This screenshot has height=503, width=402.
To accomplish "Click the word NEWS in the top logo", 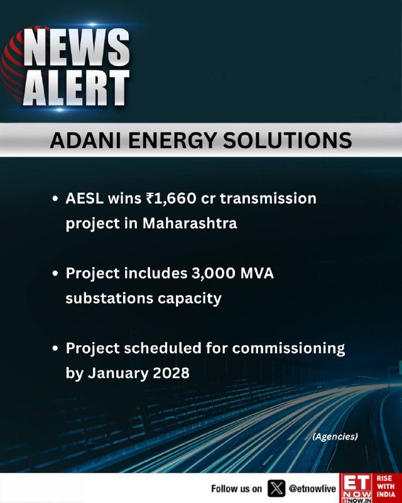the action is (x=76, y=47).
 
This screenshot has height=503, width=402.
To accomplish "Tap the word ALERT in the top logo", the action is (x=76, y=87).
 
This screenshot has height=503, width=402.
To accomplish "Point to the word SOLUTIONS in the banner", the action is (x=288, y=140).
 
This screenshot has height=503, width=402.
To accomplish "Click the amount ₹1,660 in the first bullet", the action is (x=171, y=199).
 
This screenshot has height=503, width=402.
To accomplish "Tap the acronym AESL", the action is (x=85, y=199).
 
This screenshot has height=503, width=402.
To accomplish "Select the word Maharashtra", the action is (x=190, y=223).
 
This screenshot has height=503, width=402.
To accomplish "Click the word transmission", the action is (x=268, y=199).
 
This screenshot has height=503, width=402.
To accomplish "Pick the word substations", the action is (x=109, y=298).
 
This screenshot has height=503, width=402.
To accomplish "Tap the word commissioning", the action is (x=288, y=349).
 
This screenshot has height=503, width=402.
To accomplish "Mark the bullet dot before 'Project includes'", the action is (x=55, y=274).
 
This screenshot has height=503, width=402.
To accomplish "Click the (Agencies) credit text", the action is (x=335, y=436).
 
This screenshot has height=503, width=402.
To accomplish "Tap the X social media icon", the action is (x=276, y=489).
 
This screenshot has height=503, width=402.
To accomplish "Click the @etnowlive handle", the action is (x=312, y=489).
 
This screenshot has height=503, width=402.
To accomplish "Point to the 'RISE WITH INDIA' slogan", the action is (x=386, y=486).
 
